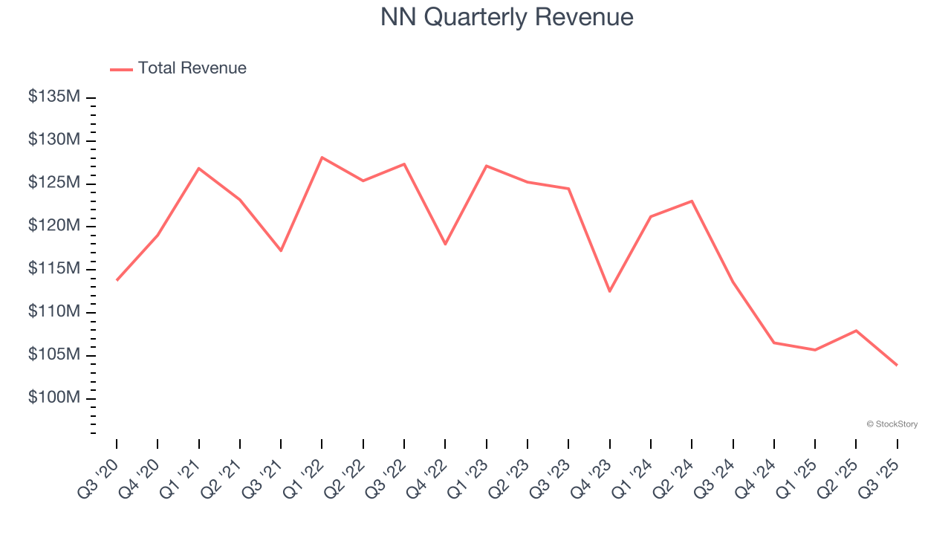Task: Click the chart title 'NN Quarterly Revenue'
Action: (507, 17)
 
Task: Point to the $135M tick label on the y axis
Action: (54, 97)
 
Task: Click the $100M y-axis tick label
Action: (54, 398)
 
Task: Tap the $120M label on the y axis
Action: (54, 226)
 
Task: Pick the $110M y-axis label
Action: (54, 312)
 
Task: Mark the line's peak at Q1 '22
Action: (322, 158)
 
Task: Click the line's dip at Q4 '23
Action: (610, 291)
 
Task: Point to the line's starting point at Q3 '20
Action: (117, 280)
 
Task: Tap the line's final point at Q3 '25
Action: (897, 365)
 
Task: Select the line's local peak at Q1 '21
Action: (198, 168)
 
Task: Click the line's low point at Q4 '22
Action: (445, 244)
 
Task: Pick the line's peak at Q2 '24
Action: (692, 201)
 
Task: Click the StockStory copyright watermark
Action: (892, 424)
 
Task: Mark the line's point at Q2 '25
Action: (856, 331)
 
